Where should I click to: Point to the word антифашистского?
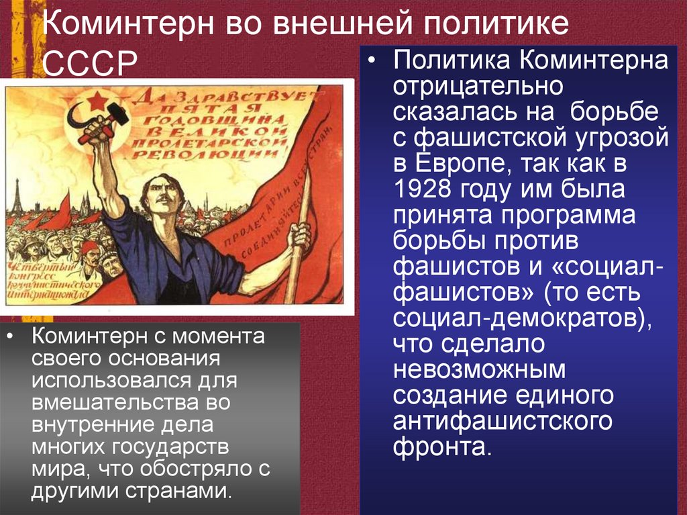(x=503, y=421)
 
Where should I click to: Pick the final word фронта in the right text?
(x=439, y=447)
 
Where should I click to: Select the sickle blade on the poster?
(x=73, y=114)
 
